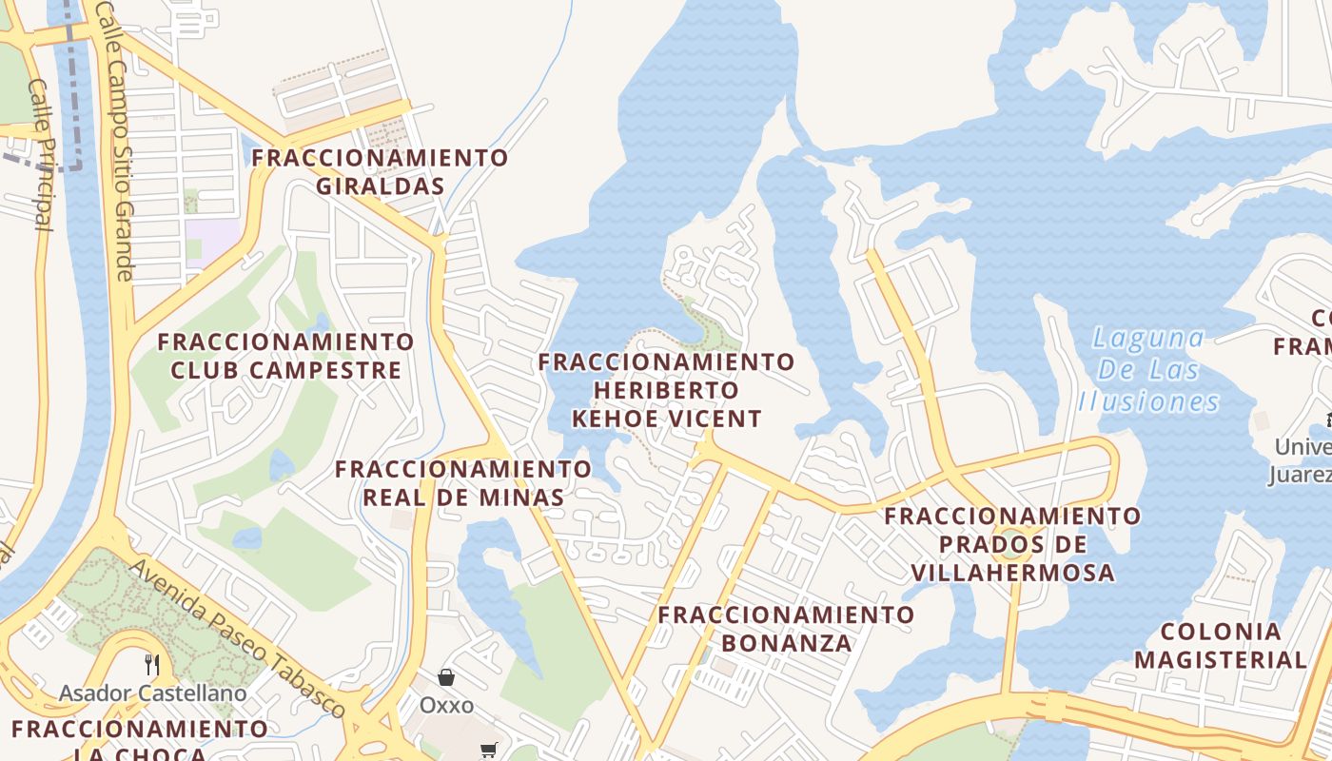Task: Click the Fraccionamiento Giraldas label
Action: click(381, 171)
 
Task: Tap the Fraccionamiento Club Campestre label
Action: click(285, 355)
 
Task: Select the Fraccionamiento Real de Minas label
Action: click(463, 482)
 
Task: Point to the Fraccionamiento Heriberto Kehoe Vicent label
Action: click(666, 390)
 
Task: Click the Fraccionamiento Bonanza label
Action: click(786, 628)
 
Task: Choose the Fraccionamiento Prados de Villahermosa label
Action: click(1012, 544)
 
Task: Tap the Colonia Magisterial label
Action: click(1221, 645)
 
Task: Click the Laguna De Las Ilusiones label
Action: click(1148, 369)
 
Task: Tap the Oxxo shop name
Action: click(446, 706)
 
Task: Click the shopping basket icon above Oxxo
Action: click(446, 677)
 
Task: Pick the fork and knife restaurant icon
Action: click(151, 664)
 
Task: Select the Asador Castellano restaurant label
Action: click(152, 693)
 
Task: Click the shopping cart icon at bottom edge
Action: click(489, 750)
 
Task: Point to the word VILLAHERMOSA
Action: click(1012, 573)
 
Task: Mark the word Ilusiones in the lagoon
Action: click(1148, 400)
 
